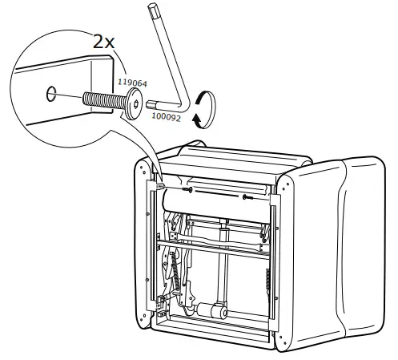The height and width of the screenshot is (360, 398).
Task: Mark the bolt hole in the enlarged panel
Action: click(x=52, y=94)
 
